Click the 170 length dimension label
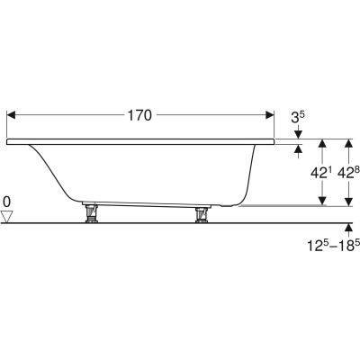(139, 115)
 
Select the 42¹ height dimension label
(318, 173)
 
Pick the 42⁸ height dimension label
(348, 173)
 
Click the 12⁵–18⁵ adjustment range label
(333, 246)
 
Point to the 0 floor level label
(6, 202)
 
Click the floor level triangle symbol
(6, 216)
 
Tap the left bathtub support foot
(91, 213)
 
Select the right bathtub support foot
(201, 215)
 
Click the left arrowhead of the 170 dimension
(11, 115)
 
